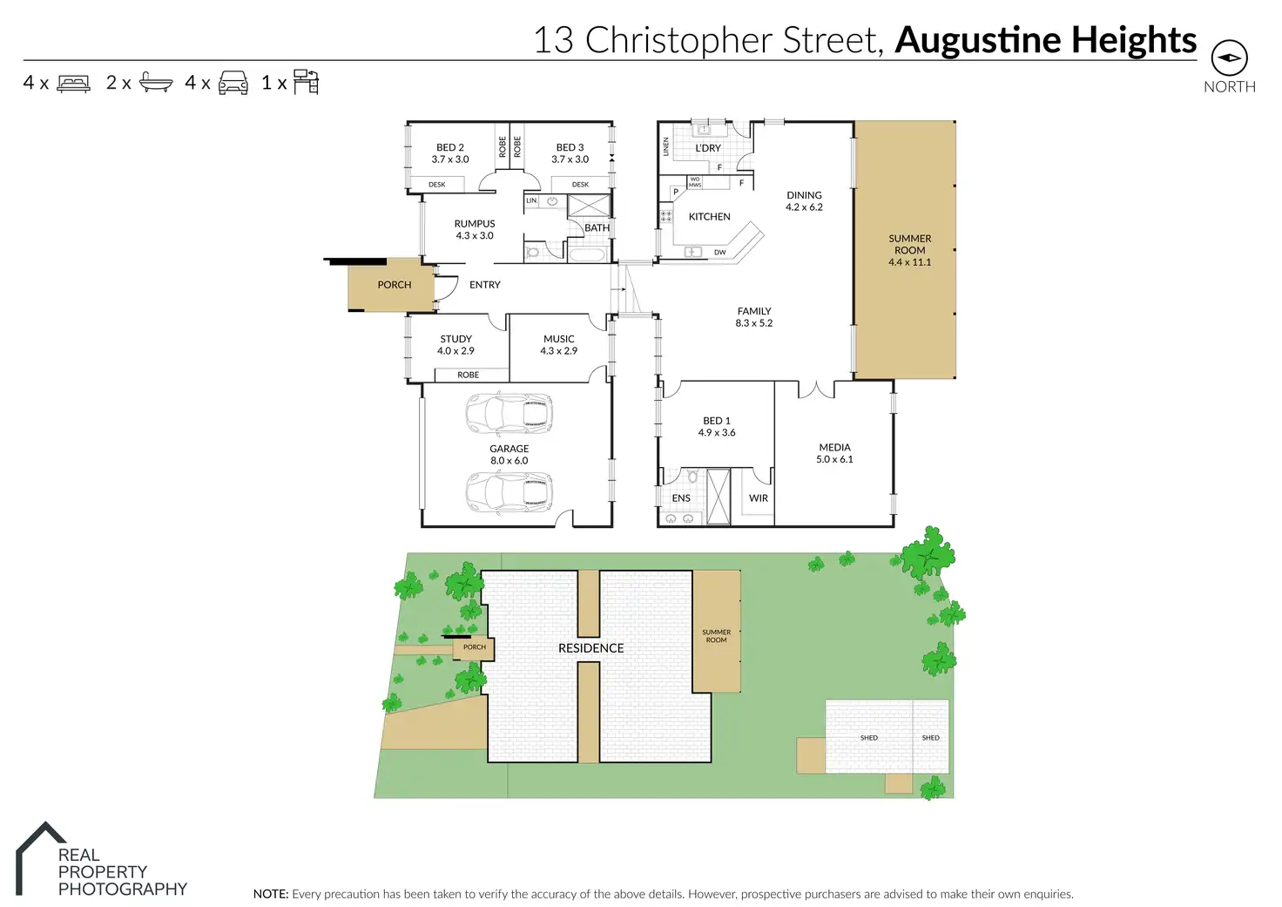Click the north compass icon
pos(1229,58)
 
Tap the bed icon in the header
pos(73,84)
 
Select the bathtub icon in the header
pos(156,83)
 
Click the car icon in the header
pos(233,83)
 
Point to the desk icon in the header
pos(306,82)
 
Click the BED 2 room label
pos(449,147)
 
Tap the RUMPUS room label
pos(475,224)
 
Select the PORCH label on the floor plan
pos(395,285)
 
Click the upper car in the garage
pos(509,414)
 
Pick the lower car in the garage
pos(509,492)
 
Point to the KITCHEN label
pos(709,217)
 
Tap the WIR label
pos(759,498)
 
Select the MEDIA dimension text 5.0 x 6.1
pos(834,459)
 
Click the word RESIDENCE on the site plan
pos(590,648)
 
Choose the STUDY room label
pos(455,339)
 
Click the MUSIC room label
pos(558,339)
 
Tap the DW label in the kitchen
pos(720,253)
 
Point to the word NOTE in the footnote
pos(270,894)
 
